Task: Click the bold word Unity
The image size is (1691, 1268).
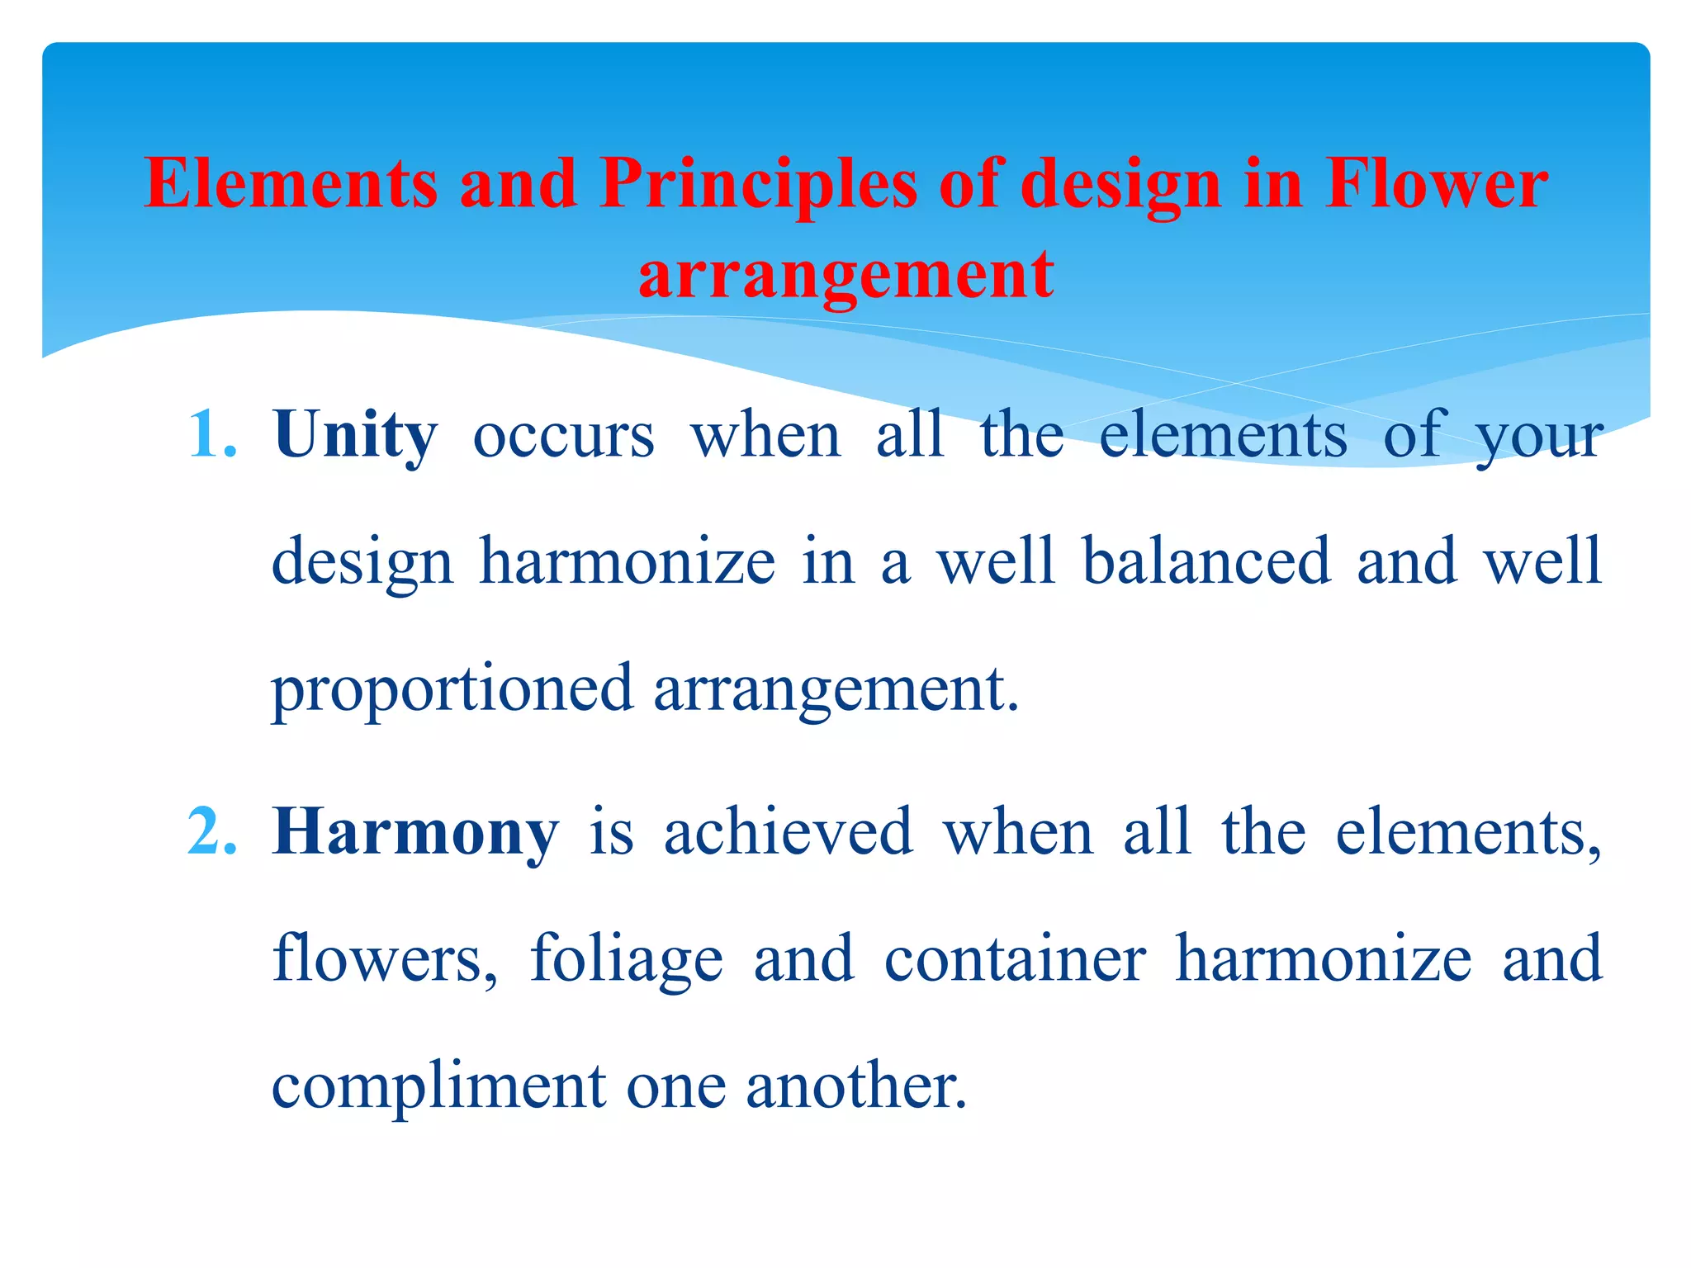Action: point(355,435)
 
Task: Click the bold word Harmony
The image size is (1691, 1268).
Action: point(415,832)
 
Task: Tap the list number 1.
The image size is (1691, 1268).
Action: point(211,435)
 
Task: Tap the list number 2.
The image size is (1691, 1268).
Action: point(211,832)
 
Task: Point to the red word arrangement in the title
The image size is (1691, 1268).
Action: point(845,274)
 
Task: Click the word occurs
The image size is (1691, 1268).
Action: point(564,435)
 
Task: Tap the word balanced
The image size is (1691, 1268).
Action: point(1206,561)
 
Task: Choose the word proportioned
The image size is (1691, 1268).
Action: point(452,688)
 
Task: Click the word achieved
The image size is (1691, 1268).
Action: point(789,832)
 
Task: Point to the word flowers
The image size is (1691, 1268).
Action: point(385,958)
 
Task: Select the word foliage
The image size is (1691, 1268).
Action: point(627,958)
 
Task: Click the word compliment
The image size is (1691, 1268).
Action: point(438,1086)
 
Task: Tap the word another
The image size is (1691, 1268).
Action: point(855,1086)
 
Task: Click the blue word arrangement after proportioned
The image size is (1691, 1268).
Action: point(836,688)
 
